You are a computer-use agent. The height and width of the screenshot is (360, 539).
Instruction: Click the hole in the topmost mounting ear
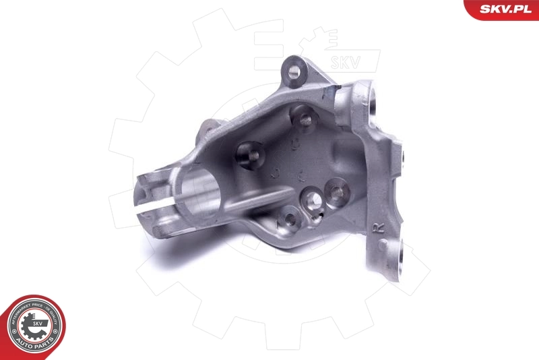[x=294, y=69]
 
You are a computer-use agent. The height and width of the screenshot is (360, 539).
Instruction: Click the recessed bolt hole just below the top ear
[x=305, y=119]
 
